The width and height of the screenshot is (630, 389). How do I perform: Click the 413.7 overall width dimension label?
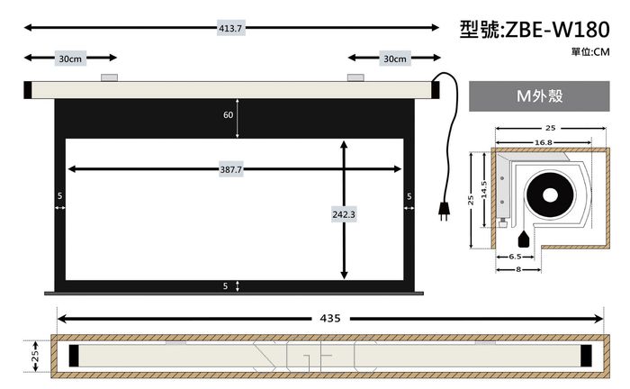(230, 28)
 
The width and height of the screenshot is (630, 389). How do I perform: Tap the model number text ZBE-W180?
(557, 30)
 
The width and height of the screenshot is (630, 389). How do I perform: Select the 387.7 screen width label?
(231, 169)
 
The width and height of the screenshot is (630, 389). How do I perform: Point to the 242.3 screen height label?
(344, 214)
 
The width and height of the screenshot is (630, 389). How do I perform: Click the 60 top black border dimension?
(229, 115)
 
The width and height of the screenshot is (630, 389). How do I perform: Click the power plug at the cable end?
(444, 211)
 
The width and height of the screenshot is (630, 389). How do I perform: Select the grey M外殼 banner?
(539, 96)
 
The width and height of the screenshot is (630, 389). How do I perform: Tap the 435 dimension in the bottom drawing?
(330, 318)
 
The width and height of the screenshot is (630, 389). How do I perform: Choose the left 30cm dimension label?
(70, 59)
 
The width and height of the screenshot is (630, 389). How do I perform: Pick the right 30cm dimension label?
(395, 59)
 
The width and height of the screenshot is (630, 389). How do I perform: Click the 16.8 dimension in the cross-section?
(544, 142)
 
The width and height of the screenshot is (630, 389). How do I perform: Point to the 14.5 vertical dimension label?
(484, 189)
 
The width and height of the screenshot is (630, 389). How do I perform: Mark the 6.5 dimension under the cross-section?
(515, 257)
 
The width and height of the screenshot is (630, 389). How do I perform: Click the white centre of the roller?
(550, 195)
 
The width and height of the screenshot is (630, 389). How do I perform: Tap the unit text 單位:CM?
(590, 52)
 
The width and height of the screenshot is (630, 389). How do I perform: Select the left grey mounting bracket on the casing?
(109, 77)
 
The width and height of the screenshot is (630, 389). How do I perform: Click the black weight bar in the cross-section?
(524, 240)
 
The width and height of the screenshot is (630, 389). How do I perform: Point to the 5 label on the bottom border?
(225, 285)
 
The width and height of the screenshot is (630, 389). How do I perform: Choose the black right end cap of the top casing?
(436, 90)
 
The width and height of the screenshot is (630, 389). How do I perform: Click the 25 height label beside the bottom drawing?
(35, 356)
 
